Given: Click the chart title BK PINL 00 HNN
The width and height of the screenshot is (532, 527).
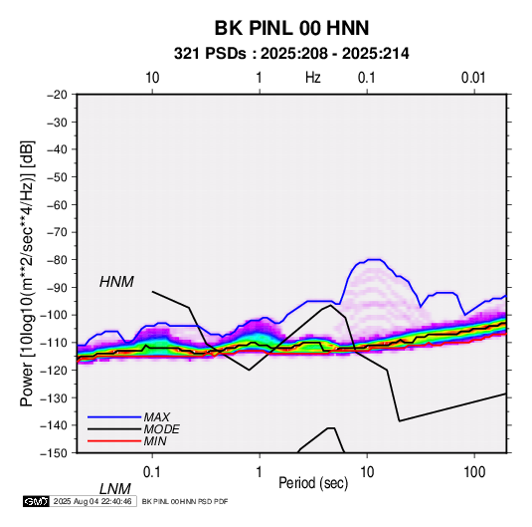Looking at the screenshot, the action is coord(291,28).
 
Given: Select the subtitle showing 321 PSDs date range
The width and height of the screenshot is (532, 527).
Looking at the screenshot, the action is coord(291,54).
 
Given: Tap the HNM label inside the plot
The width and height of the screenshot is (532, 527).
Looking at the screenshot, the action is coord(116,282).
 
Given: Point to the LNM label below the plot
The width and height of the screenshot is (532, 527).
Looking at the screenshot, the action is coord(114,489).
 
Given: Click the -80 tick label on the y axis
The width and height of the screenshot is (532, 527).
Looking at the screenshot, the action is coord(57,260).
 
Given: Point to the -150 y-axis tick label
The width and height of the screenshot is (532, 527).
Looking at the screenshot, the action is coord(54,453).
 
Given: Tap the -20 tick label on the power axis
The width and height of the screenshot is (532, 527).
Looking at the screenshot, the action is coord(57,95).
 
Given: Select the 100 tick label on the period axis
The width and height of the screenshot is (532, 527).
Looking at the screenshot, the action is coord(474,472).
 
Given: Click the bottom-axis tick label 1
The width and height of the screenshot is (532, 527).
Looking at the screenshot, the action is coord(260,472).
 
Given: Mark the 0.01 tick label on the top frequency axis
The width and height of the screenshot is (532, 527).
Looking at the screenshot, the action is coord(473,78).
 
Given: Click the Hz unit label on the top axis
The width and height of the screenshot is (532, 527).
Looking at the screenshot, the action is coord(313,78).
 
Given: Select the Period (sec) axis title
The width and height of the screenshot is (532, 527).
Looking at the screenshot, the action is coord(313,483).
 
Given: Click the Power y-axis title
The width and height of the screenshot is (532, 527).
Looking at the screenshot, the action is coord(27,274).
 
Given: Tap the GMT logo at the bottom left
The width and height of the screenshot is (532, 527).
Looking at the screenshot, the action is coord(37,501).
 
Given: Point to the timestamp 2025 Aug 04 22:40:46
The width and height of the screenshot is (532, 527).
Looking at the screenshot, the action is coord(92,501).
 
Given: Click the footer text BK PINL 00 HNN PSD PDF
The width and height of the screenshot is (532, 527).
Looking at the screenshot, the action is coord(185,501).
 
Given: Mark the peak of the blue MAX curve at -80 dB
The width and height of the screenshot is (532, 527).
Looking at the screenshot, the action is coord(375,259).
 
